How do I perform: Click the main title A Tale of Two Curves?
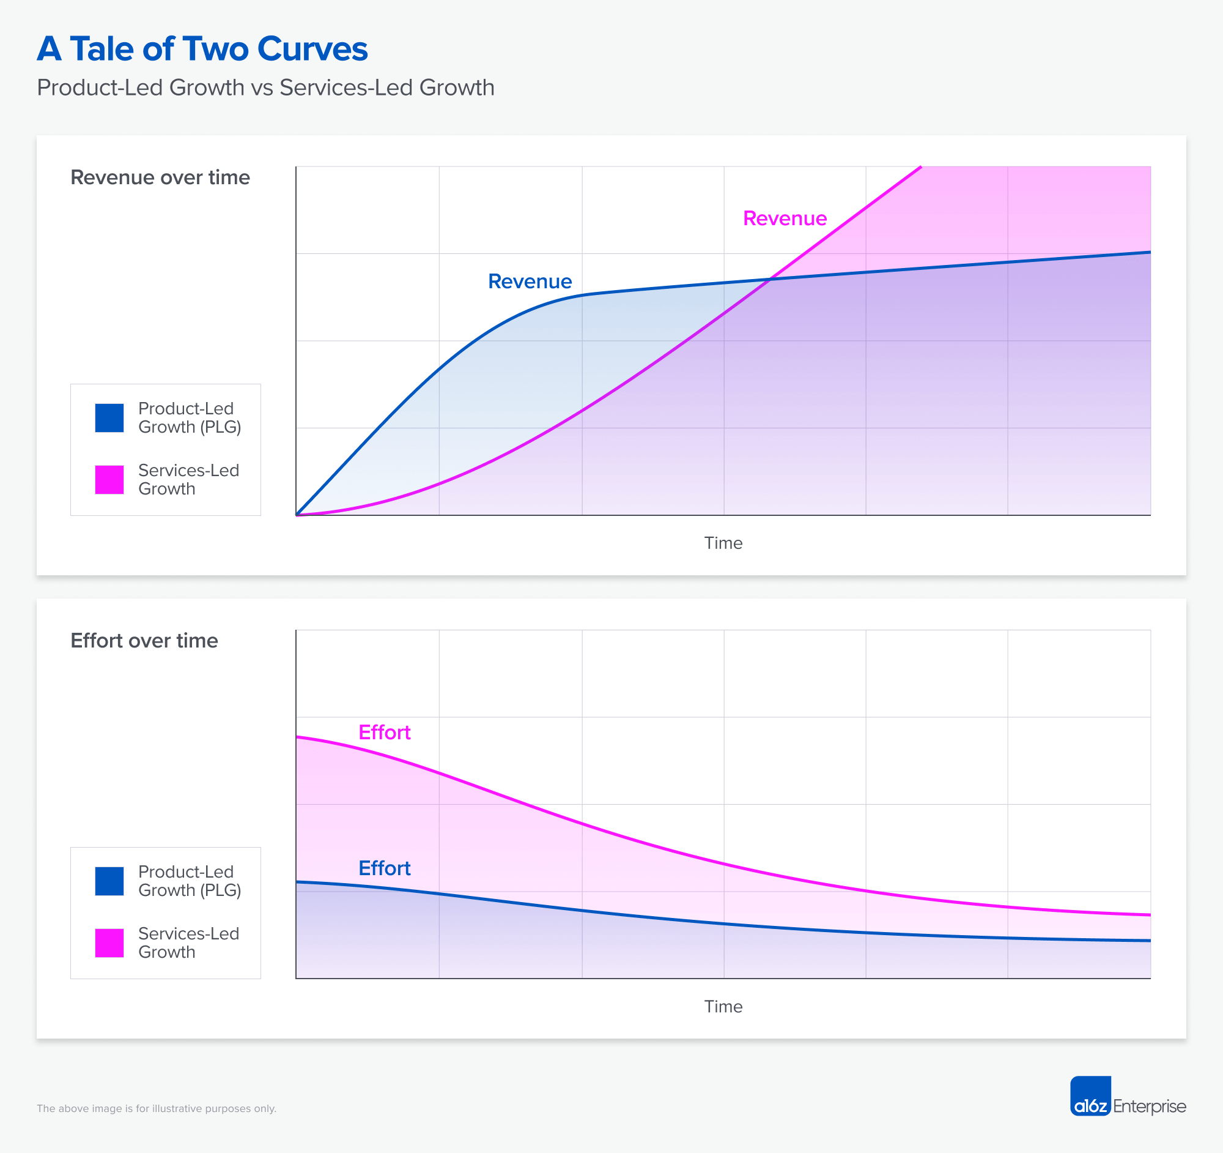[x=202, y=49]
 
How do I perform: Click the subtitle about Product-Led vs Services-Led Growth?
[x=265, y=88]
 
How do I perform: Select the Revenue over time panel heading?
[x=160, y=177]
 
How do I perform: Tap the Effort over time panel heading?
[x=144, y=641]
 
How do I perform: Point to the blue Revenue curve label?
[x=530, y=282]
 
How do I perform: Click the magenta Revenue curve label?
[x=785, y=218]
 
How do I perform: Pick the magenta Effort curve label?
[x=385, y=733]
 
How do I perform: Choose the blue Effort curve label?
[x=385, y=868]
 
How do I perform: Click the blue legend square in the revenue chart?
[x=109, y=418]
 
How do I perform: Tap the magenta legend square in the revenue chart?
[x=109, y=480]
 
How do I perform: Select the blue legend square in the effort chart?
[x=109, y=881]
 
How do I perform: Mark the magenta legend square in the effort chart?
[x=109, y=943]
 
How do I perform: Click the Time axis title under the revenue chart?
[x=723, y=543]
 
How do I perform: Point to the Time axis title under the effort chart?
[x=723, y=1007]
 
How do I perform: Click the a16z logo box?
[x=1090, y=1096]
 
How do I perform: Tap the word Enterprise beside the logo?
[x=1149, y=1106]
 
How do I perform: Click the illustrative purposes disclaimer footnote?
[x=157, y=1109]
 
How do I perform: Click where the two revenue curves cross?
[x=769, y=280]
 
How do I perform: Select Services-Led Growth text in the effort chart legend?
[x=188, y=942]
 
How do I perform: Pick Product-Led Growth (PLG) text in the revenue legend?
[x=189, y=417]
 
